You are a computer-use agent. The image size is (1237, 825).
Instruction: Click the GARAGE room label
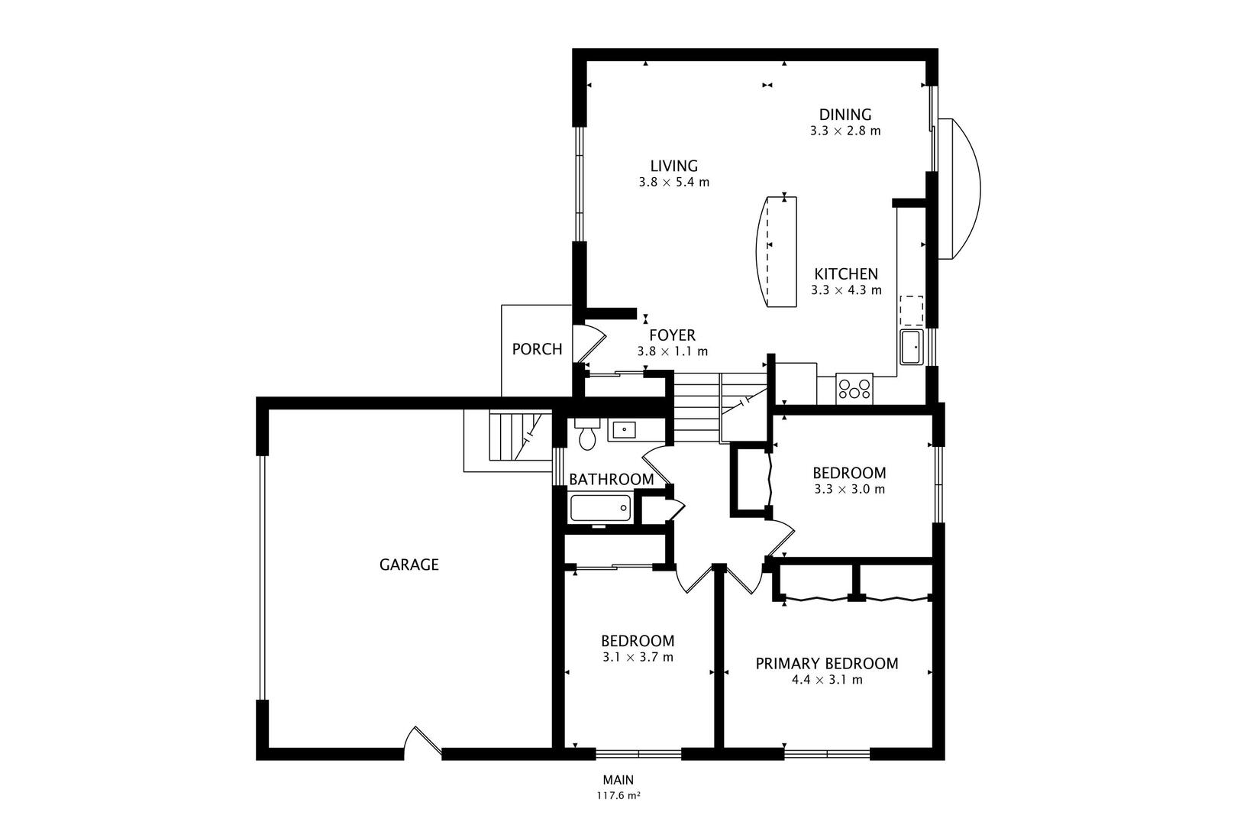(409, 565)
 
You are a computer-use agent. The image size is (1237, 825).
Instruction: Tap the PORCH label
(537, 349)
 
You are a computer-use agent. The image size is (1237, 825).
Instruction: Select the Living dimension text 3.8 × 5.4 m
(674, 183)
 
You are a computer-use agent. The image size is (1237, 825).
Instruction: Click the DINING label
(845, 115)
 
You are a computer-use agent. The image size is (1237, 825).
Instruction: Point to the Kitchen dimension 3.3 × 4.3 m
(846, 290)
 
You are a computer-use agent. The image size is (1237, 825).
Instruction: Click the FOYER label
(672, 335)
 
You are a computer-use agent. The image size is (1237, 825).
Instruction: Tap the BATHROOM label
(611, 480)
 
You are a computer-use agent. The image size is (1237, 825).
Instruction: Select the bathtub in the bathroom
(600, 508)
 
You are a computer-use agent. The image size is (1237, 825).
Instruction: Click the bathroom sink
(625, 430)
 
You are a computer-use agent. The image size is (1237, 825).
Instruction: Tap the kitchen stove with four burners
(854, 388)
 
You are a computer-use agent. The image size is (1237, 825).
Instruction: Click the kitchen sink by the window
(912, 348)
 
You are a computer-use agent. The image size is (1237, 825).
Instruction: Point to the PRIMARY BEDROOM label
(826, 663)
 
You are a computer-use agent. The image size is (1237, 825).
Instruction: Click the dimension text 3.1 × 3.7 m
(638, 657)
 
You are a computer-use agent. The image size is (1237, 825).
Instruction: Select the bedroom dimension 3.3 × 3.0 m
(849, 489)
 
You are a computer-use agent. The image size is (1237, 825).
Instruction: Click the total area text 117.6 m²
(618, 795)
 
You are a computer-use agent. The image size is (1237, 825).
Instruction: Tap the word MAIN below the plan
(618, 780)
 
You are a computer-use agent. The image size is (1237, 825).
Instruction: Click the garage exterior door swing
(421, 742)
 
